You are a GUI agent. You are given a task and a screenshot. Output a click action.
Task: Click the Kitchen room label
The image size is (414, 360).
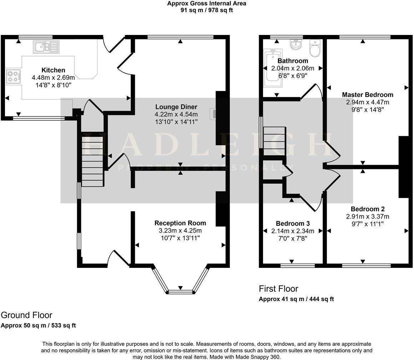click(53, 70)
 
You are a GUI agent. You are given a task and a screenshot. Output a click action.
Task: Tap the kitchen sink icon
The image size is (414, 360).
click(46, 47)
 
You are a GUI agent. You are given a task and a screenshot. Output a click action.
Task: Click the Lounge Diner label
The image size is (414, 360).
click(176, 107)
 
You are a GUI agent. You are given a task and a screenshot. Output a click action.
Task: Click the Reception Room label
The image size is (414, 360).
click(180, 223)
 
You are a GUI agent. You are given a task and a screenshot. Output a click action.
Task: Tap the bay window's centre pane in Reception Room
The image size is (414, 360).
click(180, 292)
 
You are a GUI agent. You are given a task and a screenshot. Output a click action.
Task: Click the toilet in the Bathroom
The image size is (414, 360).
click(315, 49)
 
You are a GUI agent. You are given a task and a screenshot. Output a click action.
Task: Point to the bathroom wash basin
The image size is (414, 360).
click(296, 45)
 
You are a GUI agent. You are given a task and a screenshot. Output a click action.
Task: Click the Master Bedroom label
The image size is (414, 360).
click(367, 95)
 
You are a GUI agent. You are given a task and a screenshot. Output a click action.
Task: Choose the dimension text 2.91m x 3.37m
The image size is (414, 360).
click(367, 216)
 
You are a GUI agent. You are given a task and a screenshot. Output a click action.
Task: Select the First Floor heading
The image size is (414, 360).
click(278, 289)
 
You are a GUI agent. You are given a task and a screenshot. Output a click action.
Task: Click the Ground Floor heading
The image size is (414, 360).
click(26, 315)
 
